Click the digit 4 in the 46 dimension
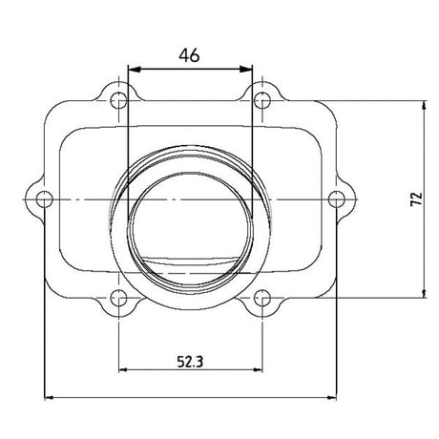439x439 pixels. click(183, 55)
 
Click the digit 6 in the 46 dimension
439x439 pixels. click(195, 55)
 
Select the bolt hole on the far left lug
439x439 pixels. click(43, 199)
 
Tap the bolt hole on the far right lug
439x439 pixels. click(337, 199)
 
